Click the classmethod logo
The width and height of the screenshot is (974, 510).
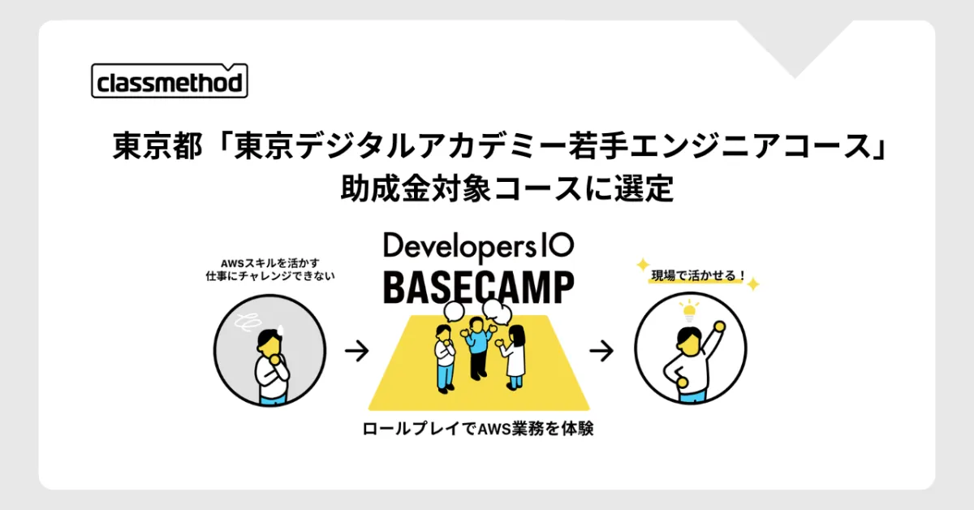click(170, 80)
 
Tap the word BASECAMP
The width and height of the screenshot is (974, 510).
click(479, 287)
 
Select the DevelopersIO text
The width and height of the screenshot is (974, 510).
click(479, 247)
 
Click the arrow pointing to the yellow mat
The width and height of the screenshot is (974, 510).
click(357, 351)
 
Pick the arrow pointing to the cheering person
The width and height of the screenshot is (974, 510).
click(601, 351)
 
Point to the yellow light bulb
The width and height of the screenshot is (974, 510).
click(689, 311)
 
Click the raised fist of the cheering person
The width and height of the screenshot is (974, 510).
click(720, 326)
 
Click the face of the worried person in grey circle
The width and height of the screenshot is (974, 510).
click(269, 344)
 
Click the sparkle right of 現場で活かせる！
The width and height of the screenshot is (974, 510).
click(753, 284)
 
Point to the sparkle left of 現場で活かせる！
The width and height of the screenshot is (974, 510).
click(643, 264)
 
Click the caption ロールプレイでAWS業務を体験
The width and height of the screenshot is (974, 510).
click(478, 429)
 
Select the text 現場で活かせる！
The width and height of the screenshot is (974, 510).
click(698, 275)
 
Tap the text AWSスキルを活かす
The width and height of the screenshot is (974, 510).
click(270, 263)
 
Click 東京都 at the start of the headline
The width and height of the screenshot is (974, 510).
click(157, 146)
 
